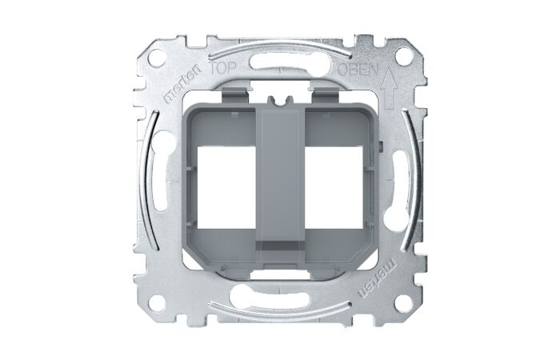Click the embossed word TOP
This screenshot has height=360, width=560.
(x=222, y=69)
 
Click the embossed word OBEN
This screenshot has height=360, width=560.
(x=358, y=70)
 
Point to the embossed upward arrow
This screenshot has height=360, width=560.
(x=388, y=90)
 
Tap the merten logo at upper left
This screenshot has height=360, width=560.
(x=183, y=84)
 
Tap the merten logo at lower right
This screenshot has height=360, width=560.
(x=378, y=278)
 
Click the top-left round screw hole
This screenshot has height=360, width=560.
(x=156, y=57)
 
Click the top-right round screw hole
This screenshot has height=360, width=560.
(x=403, y=57)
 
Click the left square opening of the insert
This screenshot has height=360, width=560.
(x=226, y=186)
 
